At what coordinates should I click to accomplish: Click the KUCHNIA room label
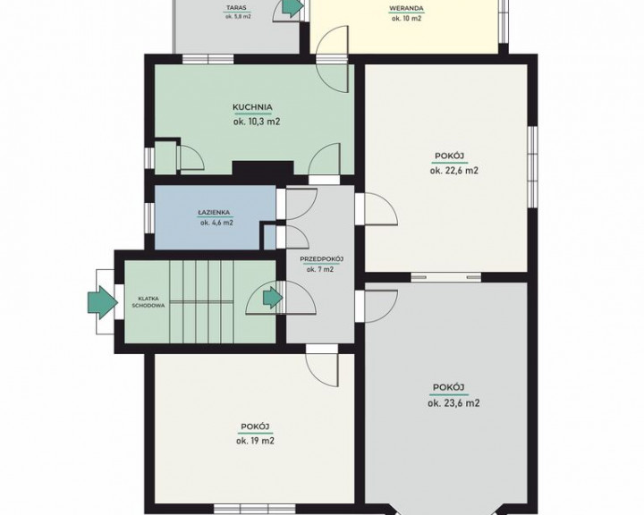pos(252,107)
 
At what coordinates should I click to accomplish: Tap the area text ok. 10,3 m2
pos(257,122)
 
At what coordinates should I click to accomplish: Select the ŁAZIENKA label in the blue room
pos(214,213)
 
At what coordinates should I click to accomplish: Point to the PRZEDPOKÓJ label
pos(322,259)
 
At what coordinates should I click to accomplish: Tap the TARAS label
pos(238,7)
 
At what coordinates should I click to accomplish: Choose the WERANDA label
pos(406,8)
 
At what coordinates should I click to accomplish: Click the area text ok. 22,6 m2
pos(454,171)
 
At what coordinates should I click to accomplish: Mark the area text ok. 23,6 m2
pos(453,403)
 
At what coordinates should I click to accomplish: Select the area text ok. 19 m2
pos(256,441)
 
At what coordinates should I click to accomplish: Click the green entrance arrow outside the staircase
pos(102,302)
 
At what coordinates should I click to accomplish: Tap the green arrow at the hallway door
pos(272,297)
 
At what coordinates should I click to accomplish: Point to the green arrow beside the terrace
pos(292,7)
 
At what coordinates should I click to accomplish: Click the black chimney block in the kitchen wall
pos(263,168)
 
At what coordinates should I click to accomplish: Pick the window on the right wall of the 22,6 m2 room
pos(533,166)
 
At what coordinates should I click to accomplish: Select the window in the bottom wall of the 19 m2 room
pos(255,509)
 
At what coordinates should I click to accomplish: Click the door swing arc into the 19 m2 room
pos(322,370)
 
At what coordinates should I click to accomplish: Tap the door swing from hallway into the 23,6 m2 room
pos(381,306)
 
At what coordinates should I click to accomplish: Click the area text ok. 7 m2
pos(320,270)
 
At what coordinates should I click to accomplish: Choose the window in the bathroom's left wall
pos(149,216)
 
